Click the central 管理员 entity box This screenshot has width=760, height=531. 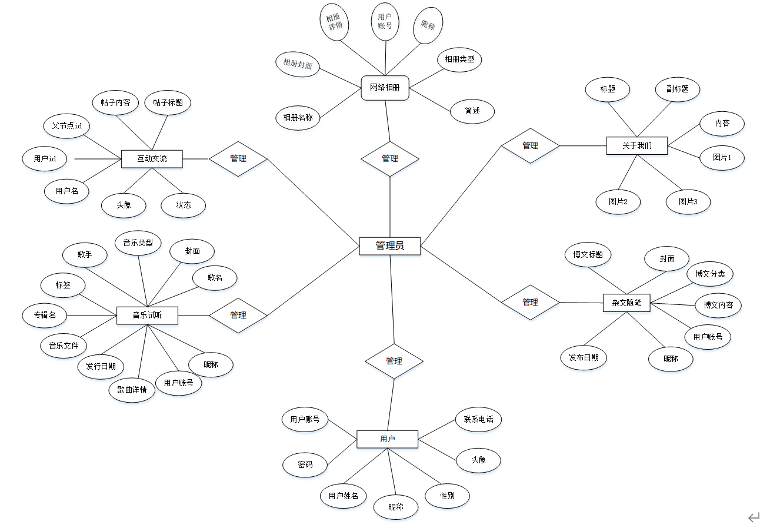click(x=390, y=245)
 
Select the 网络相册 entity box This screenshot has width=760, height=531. click(x=385, y=88)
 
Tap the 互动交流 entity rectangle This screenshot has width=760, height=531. click(x=152, y=159)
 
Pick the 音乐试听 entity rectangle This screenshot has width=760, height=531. click(x=147, y=316)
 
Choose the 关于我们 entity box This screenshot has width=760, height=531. click(x=636, y=145)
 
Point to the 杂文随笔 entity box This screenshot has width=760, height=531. click(x=626, y=303)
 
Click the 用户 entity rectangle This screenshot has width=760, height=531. click(x=387, y=439)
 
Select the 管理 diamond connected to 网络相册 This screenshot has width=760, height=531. click(x=390, y=159)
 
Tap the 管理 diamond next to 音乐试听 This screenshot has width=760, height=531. click(x=238, y=316)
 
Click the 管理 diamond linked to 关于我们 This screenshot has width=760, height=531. click(x=530, y=145)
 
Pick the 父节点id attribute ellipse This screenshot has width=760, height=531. click(x=66, y=126)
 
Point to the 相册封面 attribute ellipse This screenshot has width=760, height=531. click(x=298, y=64)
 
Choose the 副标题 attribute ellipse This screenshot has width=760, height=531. click(x=678, y=89)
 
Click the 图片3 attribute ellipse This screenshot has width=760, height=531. click(x=688, y=201)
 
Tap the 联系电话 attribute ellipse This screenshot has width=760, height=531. click(x=478, y=420)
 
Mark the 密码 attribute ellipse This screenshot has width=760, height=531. click(x=305, y=464)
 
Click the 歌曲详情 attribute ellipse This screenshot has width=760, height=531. click(x=132, y=390)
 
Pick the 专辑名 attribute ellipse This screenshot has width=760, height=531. click(x=44, y=316)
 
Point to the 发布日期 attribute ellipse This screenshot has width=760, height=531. click(x=583, y=357)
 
